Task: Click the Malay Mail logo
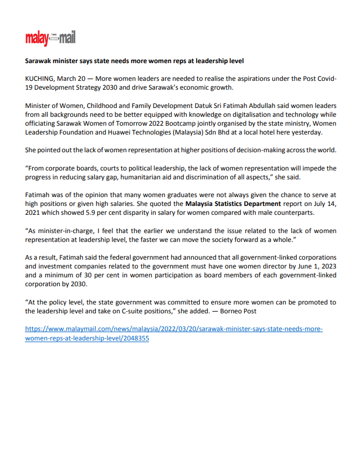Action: [x=50, y=38]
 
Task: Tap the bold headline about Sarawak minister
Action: [x=135, y=60]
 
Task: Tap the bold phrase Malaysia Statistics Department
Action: [x=233, y=203]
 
